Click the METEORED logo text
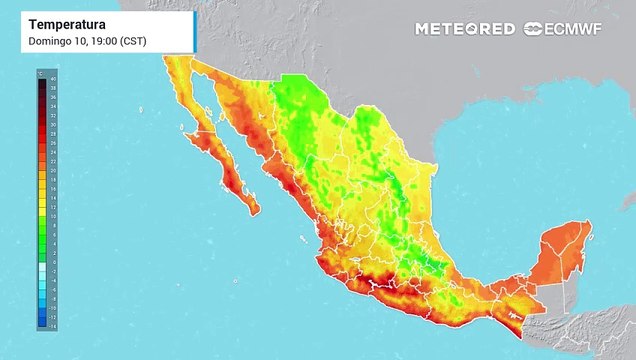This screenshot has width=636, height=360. (465, 29)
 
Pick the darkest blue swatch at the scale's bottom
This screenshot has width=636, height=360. (42, 322)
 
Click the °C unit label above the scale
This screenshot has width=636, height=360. (39, 73)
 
